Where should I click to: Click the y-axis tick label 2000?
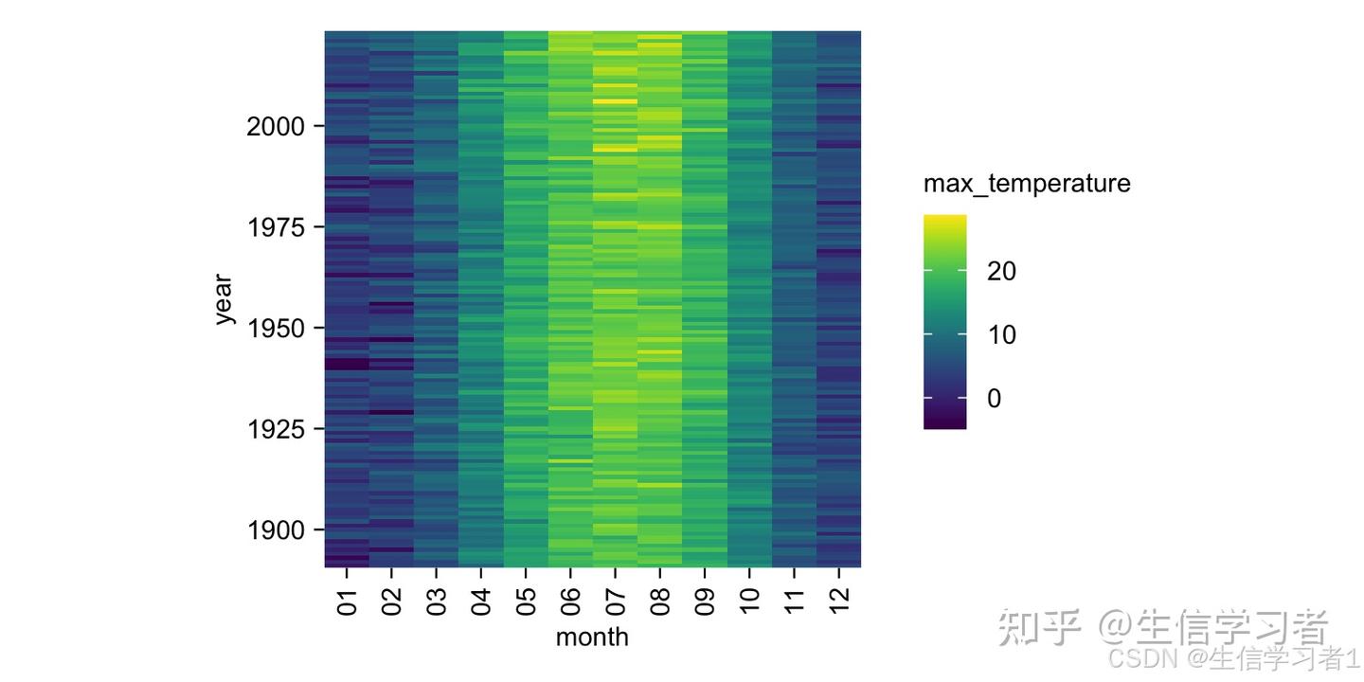click(276, 126)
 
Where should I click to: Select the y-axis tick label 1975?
click(276, 227)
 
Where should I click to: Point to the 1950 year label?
click(276, 328)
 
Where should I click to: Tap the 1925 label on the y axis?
click(276, 429)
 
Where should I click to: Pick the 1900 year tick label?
click(276, 529)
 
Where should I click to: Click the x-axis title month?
click(592, 637)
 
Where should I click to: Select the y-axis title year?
click(224, 299)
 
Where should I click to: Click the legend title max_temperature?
click(1027, 183)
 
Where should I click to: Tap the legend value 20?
click(1000, 272)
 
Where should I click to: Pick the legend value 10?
click(1000, 334)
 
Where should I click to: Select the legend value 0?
click(993, 398)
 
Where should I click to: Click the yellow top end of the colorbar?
click(944, 220)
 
